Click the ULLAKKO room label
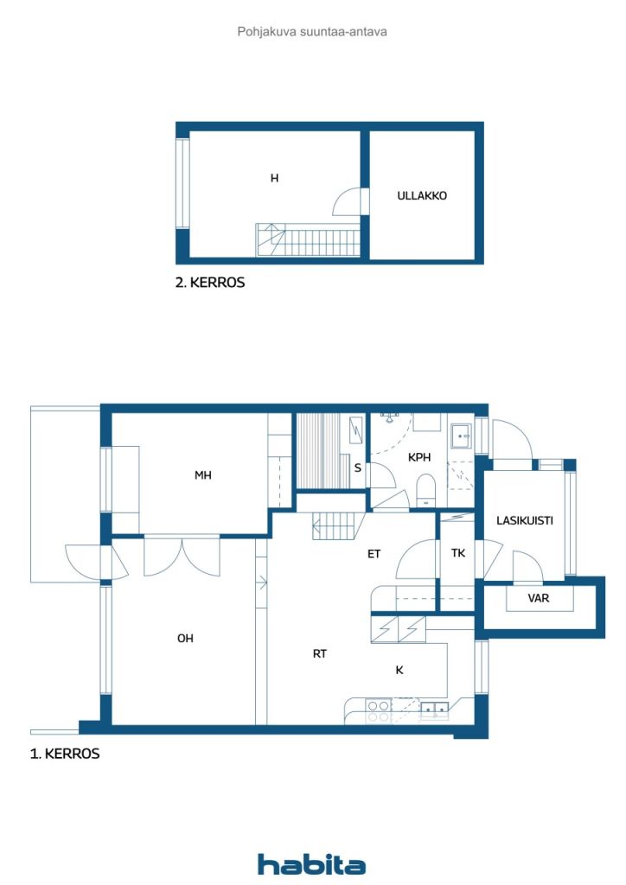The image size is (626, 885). pyautogui.click(x=422, y=196)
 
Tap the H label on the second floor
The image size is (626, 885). pyautogui.click(x=274, y=178)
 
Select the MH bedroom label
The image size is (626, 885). pyautogui.click(x=202, y=475)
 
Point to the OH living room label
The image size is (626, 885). pyautogui.click(x=185, y=639)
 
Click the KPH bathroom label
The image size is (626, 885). pyautogui.click(x=419, y=457)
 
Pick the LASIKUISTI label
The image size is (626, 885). pyautogui.click(x=524, y=520)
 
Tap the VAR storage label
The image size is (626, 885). pyautogui.click(x=539, y=598)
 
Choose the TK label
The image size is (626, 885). pyautogui.click(x=458, y=553)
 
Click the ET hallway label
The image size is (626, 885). pyautogui.click(x=374, y=554)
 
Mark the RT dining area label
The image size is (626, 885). pyautogui.click(x=320, y=653)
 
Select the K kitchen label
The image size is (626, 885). pyautogui.click(x=399, y=670)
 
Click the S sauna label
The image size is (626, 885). pyautogui.click(x=357, y=468)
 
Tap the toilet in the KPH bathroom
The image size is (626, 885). pyautogui.click(x=425, y=490)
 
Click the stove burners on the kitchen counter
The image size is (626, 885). pyautogui.click(x=378, y=710)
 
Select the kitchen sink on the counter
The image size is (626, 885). pyautogui.click(x=435, y=710)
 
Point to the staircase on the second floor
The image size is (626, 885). pyautogui.click(x=308, y=240)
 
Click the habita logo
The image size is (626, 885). pyautogui.click(x=311, y=864)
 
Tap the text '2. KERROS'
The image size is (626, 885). pyautogui.click(x=210, y=283)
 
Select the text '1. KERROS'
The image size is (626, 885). pyautogui.click(x=65, y=754)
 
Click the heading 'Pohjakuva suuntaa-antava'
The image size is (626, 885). pyautogui.click(x=312, y=32)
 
